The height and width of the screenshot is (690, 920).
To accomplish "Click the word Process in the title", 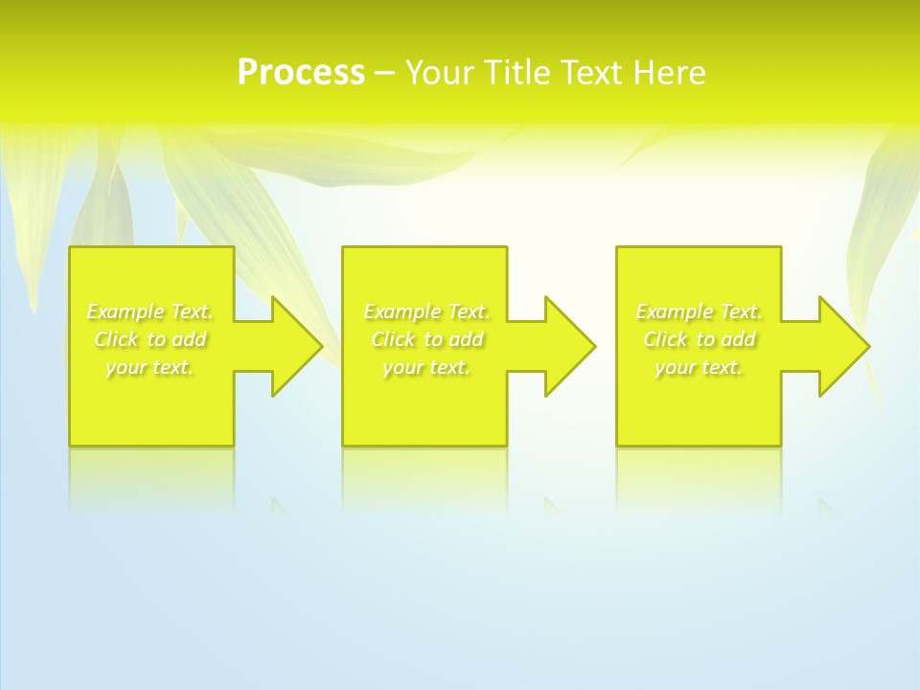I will [x=301, y=73].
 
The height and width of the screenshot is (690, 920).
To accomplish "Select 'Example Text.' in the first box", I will [x=150, y=311].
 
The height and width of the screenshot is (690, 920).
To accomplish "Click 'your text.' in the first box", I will [x=150, y=367].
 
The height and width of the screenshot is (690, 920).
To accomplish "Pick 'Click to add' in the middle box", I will [x=426, y=339].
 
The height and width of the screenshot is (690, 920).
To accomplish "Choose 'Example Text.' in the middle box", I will [x=426, y=311].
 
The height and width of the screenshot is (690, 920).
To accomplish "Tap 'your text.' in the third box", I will [x=699, y=367].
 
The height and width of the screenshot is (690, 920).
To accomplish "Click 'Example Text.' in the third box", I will [x=699, y=311].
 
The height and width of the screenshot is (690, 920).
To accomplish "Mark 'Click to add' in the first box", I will [x=150, y=339].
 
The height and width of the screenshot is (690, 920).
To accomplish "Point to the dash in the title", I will [x=384, y=73].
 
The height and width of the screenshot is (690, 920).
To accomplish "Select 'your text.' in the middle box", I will [x=426, y=367].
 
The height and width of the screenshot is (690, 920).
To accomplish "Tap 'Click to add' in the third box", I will [x=699, y=339].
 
